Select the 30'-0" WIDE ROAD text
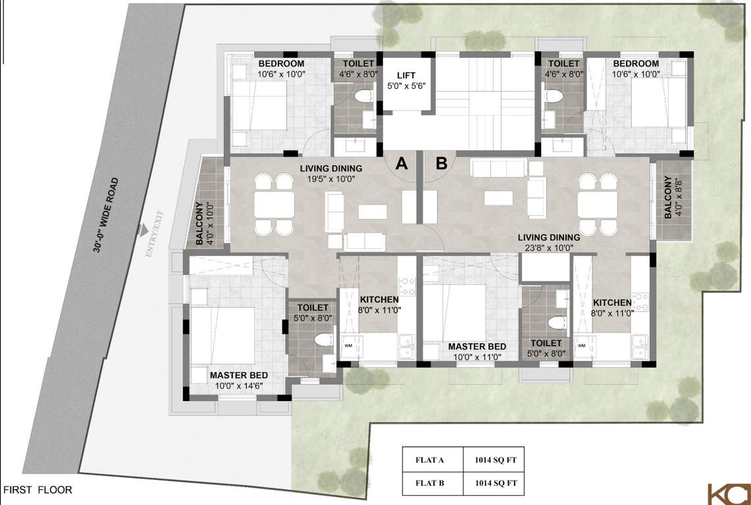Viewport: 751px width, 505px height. click(107, 215)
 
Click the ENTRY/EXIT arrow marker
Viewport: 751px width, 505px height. click(142, 231)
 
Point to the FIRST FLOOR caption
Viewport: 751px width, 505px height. click(38, 490)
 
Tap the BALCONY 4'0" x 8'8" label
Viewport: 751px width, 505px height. click(673, 197)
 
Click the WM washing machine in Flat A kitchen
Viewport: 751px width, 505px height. click(348, 345)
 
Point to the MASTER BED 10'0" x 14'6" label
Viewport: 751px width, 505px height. click(239, 380)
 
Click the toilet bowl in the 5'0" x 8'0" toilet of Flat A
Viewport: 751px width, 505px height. click(323, 340)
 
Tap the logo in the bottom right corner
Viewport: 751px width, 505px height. click(729, 494)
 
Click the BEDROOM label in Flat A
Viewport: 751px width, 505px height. click(281, 64)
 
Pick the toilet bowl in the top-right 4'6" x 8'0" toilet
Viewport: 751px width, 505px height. click(554, 97)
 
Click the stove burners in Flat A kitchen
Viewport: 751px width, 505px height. click(407, 285)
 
